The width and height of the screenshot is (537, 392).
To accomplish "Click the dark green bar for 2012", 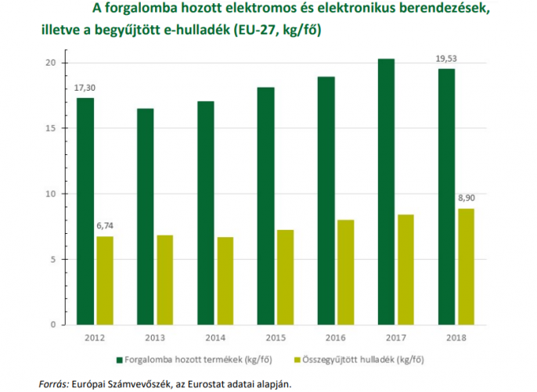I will (x=85, y=211).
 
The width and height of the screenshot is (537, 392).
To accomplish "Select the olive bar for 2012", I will (x=105, y=280).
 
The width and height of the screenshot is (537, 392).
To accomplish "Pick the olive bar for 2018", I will (x=466, y=266).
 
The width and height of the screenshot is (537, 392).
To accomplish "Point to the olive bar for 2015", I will (x=285, y=277).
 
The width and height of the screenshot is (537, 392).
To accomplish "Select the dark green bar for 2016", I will (x=325, y=200).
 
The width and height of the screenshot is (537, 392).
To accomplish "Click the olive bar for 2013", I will (x=164, y=279).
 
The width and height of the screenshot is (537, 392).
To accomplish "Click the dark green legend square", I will (x=119, y=361).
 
